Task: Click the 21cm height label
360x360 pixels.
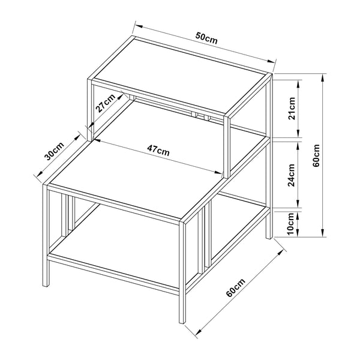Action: pos(292,109)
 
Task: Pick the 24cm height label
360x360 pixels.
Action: pos(292,174)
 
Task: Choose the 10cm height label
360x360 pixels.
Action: pos(292,223)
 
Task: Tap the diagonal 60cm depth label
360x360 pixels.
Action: pos(236,290)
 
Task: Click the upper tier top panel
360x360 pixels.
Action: pos(180,77)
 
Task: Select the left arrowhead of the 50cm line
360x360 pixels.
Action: pos(136,25)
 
